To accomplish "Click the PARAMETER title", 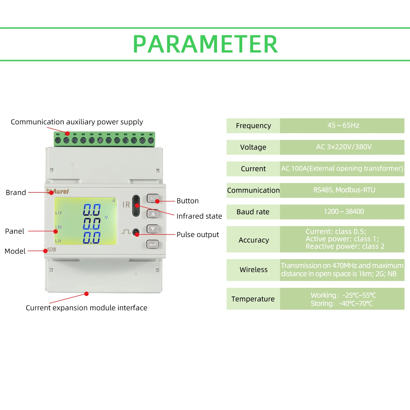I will point(205,44).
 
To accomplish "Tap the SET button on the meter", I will point(153,198).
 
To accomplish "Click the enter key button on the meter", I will point(153,244).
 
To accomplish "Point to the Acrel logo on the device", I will point(58,191).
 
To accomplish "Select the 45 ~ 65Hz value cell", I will point(342,125).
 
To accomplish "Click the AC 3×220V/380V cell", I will point(342,147).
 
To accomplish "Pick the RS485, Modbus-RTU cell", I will point(342,190).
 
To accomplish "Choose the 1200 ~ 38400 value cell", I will point(342,212).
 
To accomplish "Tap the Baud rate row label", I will point(253,212).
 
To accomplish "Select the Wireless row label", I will point(253,270).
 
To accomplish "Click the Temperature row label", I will point(253,299).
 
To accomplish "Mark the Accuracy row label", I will point(253,240).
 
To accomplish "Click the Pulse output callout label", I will point(198,235).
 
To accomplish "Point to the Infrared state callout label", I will point(199,216).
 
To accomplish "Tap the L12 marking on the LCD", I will point(58,213).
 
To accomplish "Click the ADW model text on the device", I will point(52,250).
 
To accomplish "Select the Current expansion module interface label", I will point(86,308).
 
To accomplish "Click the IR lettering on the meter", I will point(126,204).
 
